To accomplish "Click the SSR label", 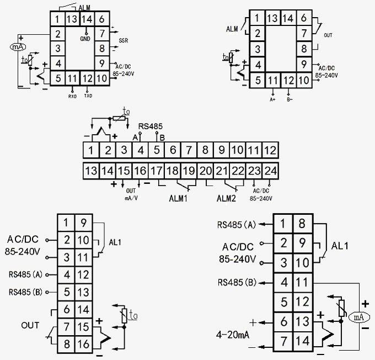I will (x=122, y=41).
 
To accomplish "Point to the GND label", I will (x=85, y=39).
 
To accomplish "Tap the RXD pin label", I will (x=72, y=96).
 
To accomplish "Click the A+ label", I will (x=272, y=99).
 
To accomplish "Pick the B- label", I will (x=289, y=99).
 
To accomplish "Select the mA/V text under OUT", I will (x=131, y=196).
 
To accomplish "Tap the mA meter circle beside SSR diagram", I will (x=15, y=47).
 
